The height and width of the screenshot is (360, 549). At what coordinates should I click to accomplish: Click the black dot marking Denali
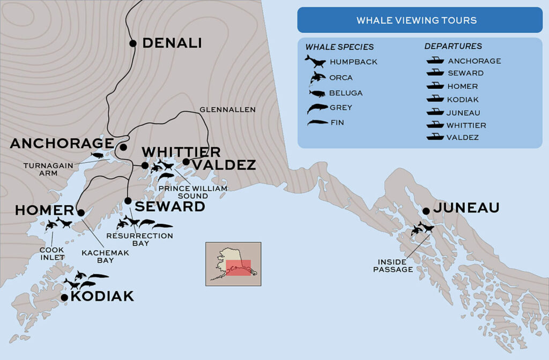(x=133, y=43)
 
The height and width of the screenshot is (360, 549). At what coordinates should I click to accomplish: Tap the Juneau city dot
(x=426, y=211)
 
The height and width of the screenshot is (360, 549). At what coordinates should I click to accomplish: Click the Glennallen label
(x=227, y=109)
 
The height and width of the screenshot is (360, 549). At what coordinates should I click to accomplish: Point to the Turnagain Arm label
(x=48, y=169)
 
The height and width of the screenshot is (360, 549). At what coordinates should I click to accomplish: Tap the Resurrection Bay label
(x=140, y=239)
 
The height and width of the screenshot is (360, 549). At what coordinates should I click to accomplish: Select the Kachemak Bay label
(x=98, y=257)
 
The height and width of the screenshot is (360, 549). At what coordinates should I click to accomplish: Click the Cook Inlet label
(x=51, y=253)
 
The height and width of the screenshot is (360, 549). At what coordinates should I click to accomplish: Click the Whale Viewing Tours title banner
(x=417, y=21)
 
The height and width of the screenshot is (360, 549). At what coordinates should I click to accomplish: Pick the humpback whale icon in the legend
(x=315, y=62)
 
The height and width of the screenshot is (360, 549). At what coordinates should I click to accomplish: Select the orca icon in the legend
(x=316, y=78)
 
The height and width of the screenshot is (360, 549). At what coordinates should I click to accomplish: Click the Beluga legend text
(x=346, y=93)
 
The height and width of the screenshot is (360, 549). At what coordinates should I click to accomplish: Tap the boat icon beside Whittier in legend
(x=434, y=125)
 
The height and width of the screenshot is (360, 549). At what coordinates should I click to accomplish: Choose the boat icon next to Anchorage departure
(x=434, y=61)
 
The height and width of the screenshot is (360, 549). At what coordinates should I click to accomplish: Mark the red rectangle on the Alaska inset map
(x=238, y=268)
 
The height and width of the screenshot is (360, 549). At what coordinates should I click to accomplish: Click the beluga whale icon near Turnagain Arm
(x=97, y=155)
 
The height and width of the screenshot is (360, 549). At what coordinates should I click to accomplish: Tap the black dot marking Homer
(x=81, y=213)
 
